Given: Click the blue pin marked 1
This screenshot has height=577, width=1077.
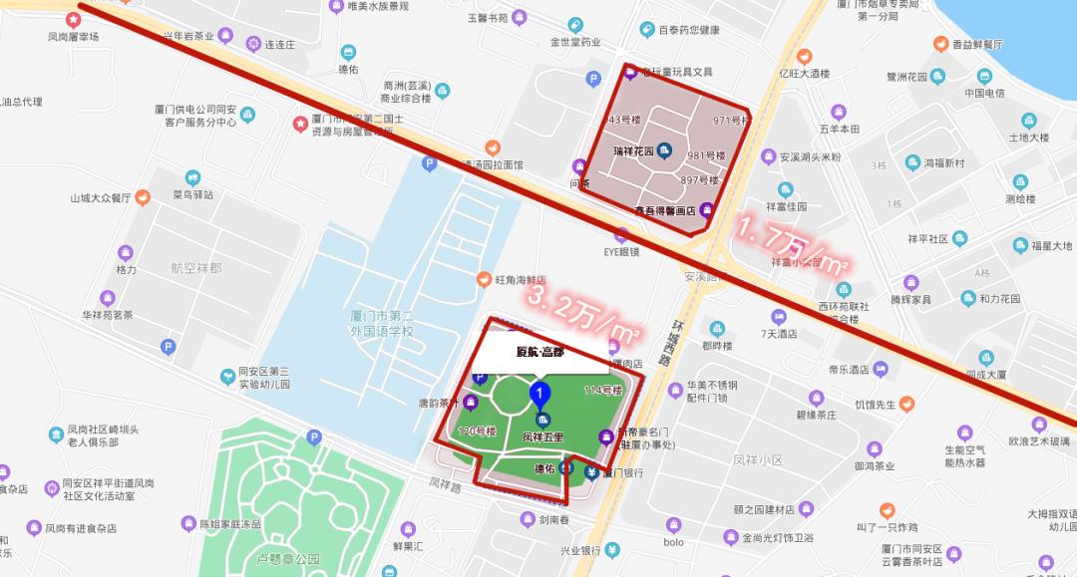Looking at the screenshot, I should (x=539, y=395).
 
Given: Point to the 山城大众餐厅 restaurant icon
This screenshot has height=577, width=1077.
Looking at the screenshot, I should (x=143, y=197).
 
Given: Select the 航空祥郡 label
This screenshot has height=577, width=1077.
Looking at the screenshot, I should (x=195, y=269).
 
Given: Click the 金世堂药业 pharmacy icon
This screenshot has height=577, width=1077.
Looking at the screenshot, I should (x=574, y=25).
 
